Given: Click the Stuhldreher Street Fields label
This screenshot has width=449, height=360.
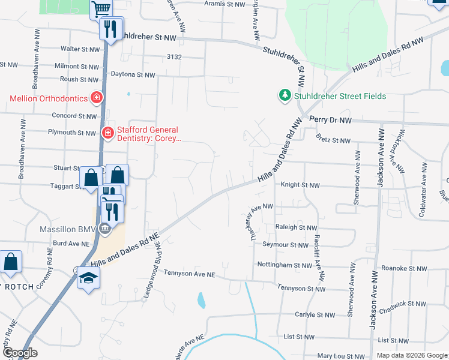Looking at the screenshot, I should [339, 96].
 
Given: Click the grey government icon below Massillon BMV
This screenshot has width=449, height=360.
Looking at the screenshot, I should [104, 228].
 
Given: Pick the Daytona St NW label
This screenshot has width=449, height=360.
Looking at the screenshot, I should [133, 75].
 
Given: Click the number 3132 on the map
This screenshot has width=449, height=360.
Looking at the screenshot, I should [174, 56].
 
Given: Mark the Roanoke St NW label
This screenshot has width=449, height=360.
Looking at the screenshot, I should [404, 269].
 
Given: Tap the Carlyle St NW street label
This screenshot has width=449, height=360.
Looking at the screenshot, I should [315, 314].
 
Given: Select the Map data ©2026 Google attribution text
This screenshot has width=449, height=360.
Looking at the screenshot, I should [411, 355].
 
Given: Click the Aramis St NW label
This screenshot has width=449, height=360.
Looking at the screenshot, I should [225, 4].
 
